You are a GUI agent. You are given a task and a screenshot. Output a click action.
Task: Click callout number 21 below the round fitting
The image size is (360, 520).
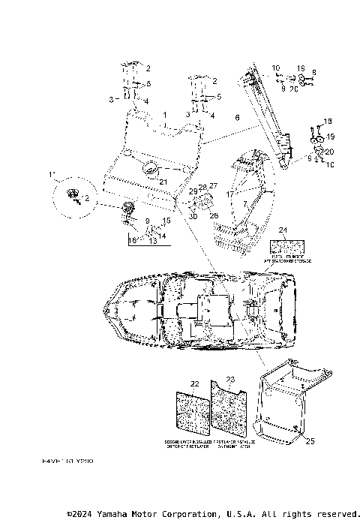(x=163, y=180)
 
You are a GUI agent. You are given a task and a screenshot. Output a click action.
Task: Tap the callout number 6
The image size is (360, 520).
(x=237, y=118)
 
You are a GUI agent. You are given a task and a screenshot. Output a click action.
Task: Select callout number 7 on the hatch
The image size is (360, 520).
(x=244, y=203)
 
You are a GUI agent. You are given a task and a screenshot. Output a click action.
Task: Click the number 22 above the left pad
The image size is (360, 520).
(x=195, y=384)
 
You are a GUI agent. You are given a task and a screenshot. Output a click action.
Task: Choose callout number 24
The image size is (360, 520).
(x=283, y=232)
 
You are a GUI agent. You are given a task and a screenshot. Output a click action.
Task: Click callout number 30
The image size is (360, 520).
(x=193, y=217)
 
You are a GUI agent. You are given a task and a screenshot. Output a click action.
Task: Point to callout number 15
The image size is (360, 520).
(x=166, y=221)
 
